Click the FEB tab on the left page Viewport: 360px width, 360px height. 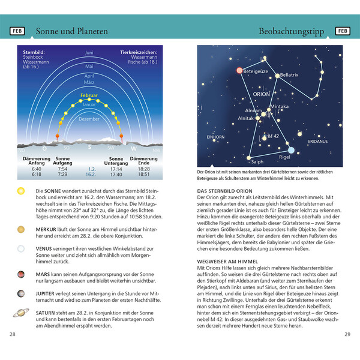coord(17,31)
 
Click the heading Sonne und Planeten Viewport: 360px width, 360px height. coord(71,31)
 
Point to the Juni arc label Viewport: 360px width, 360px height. coord(89,53)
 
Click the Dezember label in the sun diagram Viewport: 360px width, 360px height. coord(89,119)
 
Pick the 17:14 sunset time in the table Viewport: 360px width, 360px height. coord(116,170)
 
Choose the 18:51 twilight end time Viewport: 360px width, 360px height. coord(143,175)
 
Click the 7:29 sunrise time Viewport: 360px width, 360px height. coord(62,175)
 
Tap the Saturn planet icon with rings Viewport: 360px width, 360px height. coord(21,313)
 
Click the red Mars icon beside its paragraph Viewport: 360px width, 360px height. coord(21,275)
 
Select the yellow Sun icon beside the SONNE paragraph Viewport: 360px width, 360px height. coord(21,191)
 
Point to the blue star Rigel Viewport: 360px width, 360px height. coord(291,150)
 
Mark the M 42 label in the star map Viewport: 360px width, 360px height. coord(273,137)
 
